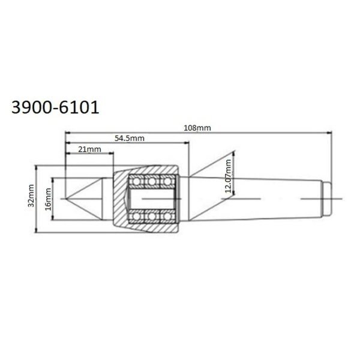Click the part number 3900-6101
[x=55, y=107]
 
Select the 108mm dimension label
[x=197, y=128]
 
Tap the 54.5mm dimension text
[x=130, y=138]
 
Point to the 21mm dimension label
[x=89, y=149]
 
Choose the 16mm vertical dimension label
[x=48, y=199]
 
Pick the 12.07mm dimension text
[x=228, y=176]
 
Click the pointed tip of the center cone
[x=65, y=199]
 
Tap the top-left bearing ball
[x=136, y=181]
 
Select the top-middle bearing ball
[x=152, y=181]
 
